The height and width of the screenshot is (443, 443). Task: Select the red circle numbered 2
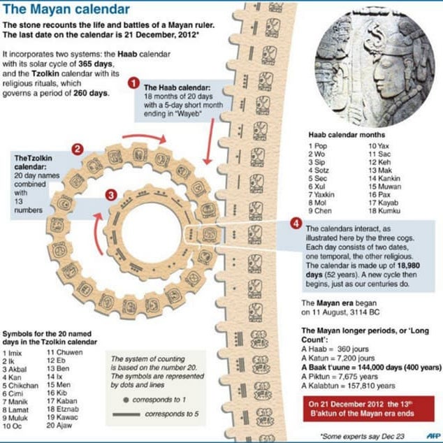click(x=78, y=148)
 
